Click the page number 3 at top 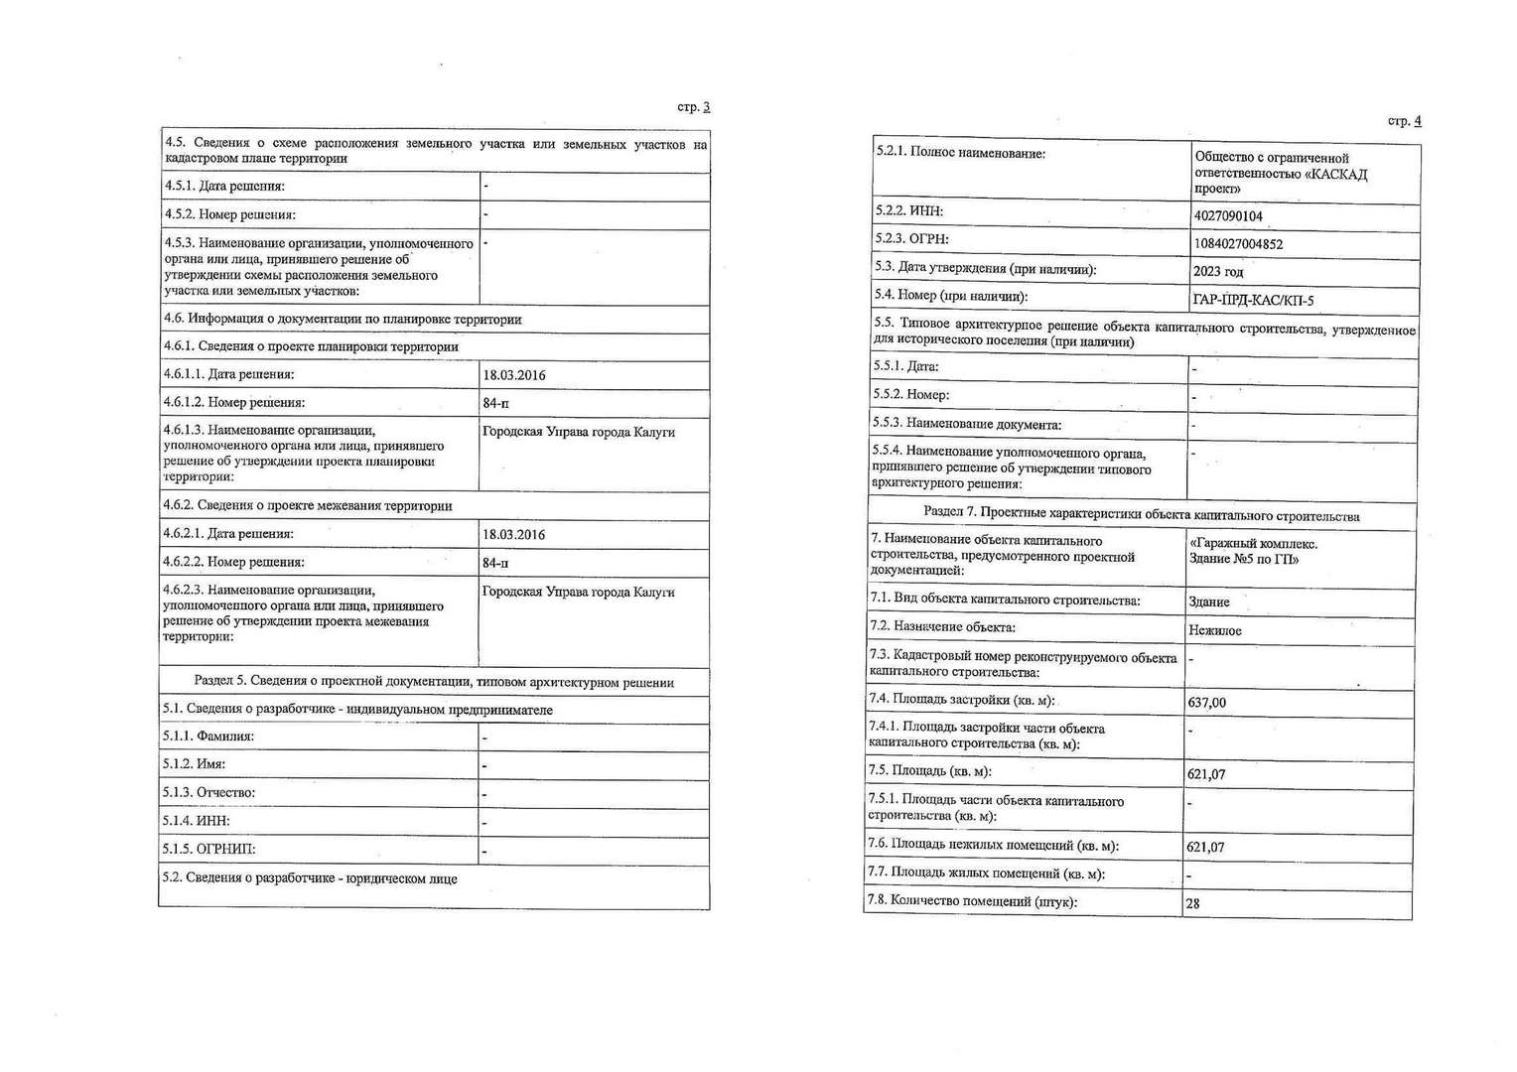(706, 107)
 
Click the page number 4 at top (1417, 121)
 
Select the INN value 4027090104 (1228, 215)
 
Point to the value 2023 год (1217, 271)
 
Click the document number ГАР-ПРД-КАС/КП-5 (1253, 300)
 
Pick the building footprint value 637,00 (1206, 703)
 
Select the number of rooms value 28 (1192, 904)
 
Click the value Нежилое (1214, 630)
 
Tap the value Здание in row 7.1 (1208, 602)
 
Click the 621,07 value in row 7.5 (1205, 774)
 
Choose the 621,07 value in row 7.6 (1205, 848)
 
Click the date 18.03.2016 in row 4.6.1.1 (513, 375)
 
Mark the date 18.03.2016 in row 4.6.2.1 (513, 534)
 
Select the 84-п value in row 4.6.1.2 (495, 403)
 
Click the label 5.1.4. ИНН (197, 821)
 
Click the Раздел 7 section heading (1141, 516)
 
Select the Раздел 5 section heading (434, 682)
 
